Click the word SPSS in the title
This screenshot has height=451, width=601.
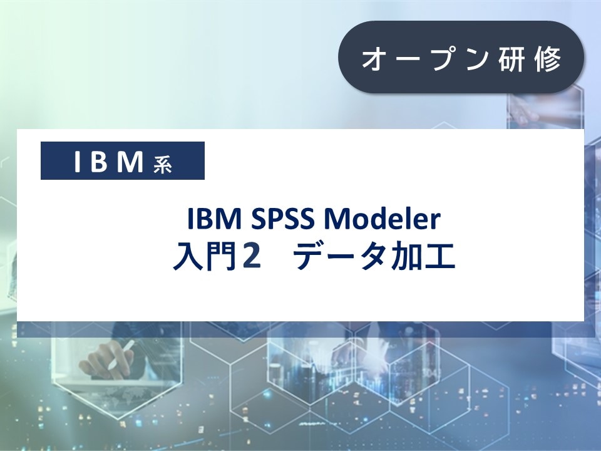[x=280, y=220]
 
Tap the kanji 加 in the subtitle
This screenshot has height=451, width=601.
[x=409, y=257]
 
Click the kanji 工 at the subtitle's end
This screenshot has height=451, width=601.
[x=440, y=257]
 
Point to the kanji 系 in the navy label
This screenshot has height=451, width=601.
[x=162, y=163]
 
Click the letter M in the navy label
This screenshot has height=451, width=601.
[x=131, y=162]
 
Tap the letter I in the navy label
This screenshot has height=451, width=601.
[x=78, y=162]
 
